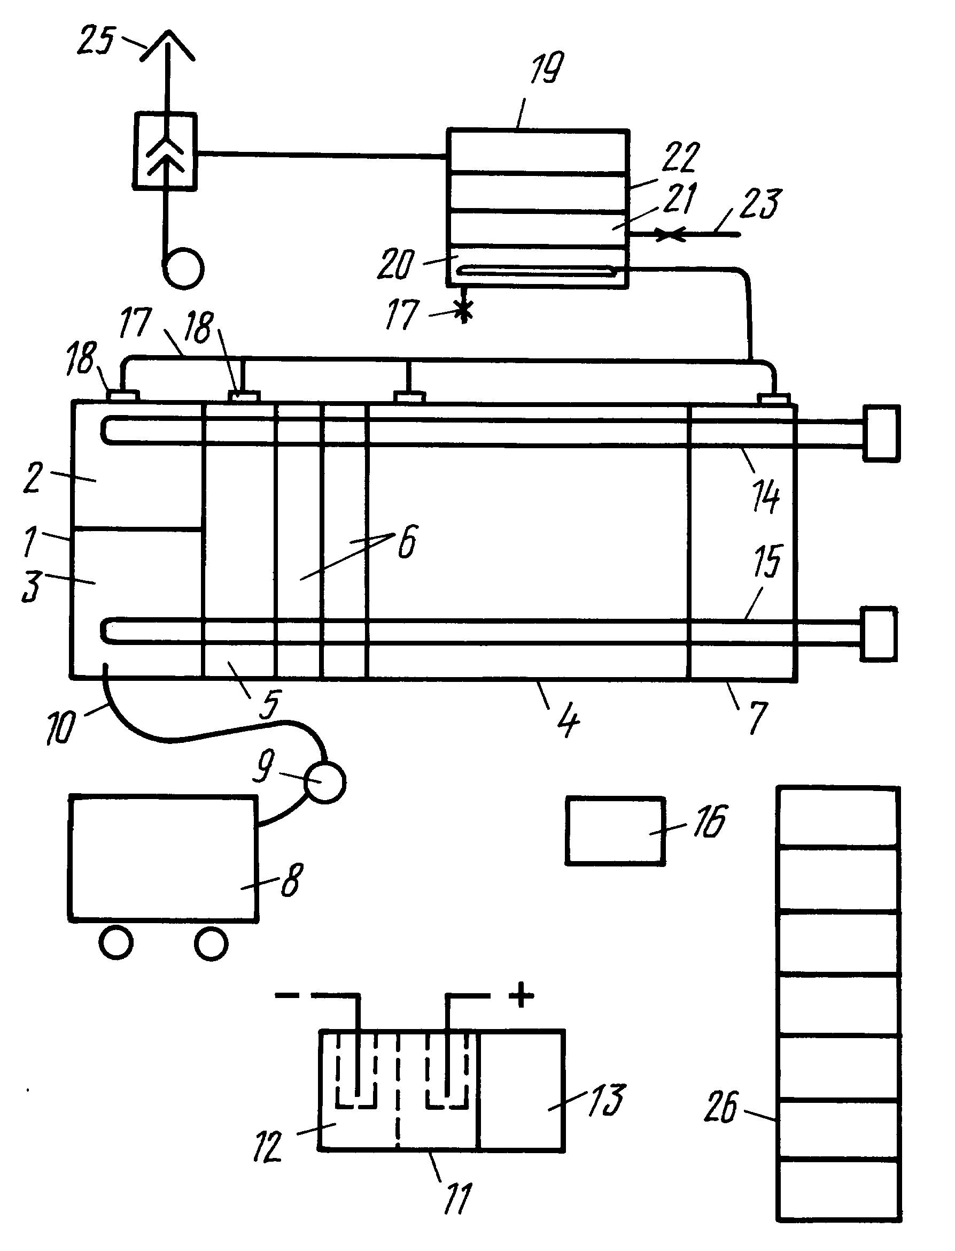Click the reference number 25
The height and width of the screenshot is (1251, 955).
pos(96,41)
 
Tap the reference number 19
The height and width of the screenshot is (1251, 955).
pos(547,68)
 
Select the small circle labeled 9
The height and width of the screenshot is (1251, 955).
pos(325,783)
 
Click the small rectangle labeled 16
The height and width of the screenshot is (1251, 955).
pos(615,831)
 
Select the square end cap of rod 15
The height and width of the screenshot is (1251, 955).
pos(879,634)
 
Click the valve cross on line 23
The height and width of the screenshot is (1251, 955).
pos(671,234)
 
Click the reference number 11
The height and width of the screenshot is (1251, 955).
pos(457,1199)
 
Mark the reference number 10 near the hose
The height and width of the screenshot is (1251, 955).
pos(60,727)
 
